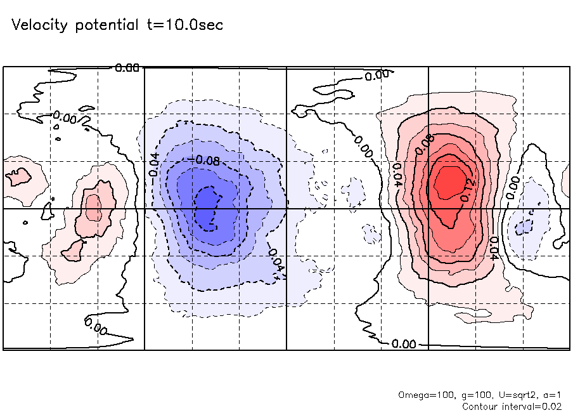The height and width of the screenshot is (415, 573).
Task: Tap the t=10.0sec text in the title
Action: pyautogui.click(x=183, y=25)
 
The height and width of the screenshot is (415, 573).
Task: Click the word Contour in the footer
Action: pyautogui.click(x=481, y=405)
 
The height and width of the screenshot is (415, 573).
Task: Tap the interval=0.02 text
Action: pyautogui.click(x=532, y=405)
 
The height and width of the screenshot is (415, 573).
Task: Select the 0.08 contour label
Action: pyautogui.click(x=425, y=145)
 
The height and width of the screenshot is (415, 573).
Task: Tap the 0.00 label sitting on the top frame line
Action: pyautogui.click(x=127, y=67)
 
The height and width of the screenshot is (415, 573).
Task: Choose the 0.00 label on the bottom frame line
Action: pyautogui.click(x=404, y=344)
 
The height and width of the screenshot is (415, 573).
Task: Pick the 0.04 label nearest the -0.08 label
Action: pyautogui.click(x=154, y=164)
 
